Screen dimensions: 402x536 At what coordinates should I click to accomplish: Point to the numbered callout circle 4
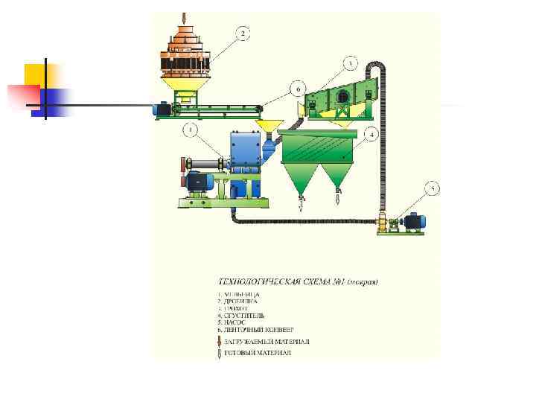(x=371, y=134)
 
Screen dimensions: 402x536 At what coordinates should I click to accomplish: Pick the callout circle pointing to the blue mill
(x=191, y=131)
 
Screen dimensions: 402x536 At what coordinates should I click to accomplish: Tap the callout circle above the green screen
(x=351, y=63)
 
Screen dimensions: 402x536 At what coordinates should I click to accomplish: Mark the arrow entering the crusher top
(x=184, y=18)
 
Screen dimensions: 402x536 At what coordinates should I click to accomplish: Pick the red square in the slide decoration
(x=22, y=95)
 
